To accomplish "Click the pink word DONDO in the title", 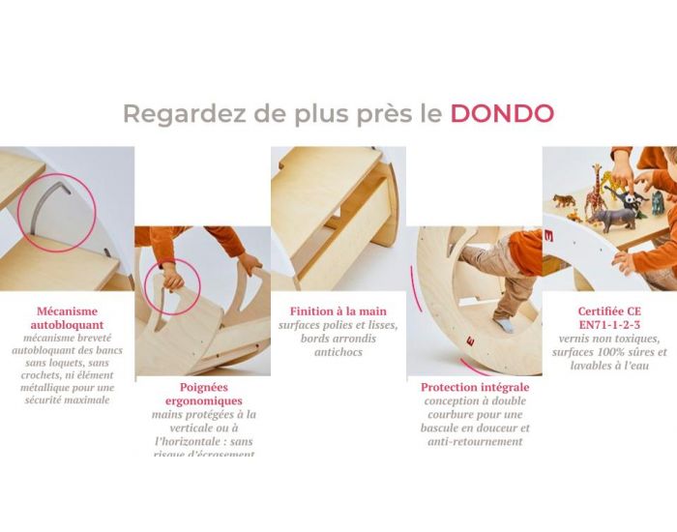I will (502, 113).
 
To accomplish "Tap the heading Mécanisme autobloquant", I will (69, 318).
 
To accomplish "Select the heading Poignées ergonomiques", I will (204, 393).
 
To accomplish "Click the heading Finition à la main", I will (338, 311).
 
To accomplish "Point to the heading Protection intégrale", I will (474, 387).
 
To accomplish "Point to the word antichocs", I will (338, 352).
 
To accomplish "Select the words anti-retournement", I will (474, 441).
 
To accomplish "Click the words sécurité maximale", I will (69, 399).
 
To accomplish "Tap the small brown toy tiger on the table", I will (564, 202).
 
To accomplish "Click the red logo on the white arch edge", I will (548, 234).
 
